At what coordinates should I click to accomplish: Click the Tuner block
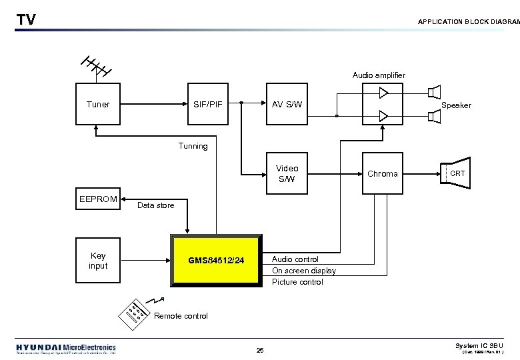(98, 105)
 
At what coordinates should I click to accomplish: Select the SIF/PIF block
(207, 105)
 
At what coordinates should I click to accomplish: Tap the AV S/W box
(287, 105)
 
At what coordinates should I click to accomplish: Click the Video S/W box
(287, 173)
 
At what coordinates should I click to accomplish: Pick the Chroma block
(383, 173)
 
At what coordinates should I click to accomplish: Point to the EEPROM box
(98, 199)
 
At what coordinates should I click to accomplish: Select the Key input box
(98, 261)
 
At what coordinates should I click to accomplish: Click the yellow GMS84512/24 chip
(216, 260)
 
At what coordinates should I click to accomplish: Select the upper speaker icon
(435, 91)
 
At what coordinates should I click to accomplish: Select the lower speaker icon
(435, 117)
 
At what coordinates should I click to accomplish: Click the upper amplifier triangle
(383, 93)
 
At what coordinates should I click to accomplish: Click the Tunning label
(193, 146)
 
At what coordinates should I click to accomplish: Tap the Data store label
(155, 205)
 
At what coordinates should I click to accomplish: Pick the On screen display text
(303, 271)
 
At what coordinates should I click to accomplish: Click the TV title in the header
(26, 20)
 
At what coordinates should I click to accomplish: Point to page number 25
(260, 351)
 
